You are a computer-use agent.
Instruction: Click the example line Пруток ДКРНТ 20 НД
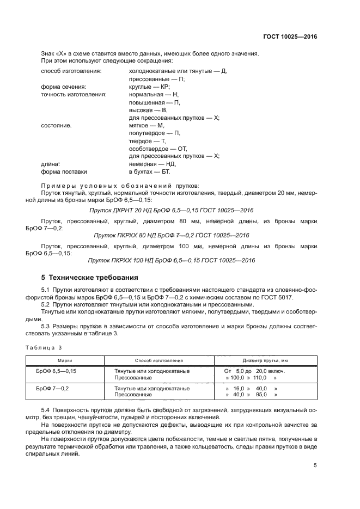coord(171,210)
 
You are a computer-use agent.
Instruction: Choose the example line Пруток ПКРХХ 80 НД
coord(171,235)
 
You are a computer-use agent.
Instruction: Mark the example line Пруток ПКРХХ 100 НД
coord(171,260)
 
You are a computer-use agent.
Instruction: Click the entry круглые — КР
coord(149,87)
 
